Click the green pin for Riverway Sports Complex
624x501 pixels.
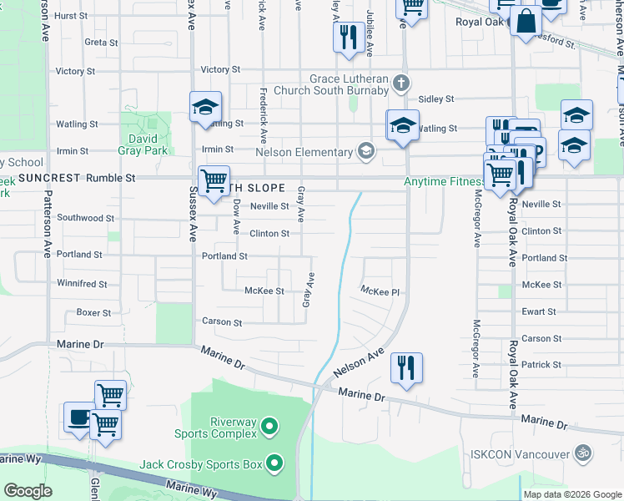tap(269, 428)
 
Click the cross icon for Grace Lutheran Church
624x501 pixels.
tap(402, 83)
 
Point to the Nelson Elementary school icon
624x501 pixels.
tap(365, 151)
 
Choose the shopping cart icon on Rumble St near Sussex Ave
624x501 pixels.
tap(214, 180)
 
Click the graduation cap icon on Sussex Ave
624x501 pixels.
tap(205, 109)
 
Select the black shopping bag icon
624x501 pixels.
tap(526, 23)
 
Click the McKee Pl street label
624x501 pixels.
tap(380, 291)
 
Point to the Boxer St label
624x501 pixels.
tap(93, 313)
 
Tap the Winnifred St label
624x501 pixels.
tap(81, 284)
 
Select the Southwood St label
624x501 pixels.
tap(86, 218)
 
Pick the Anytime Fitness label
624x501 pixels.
tap(444, 181)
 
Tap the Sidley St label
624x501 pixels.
tap(436, 99)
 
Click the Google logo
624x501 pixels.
tap(28, 491)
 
